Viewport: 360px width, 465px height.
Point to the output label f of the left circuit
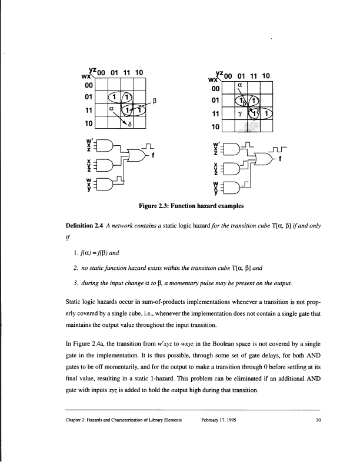(153, 155)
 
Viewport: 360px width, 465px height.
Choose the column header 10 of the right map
(265, 75)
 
